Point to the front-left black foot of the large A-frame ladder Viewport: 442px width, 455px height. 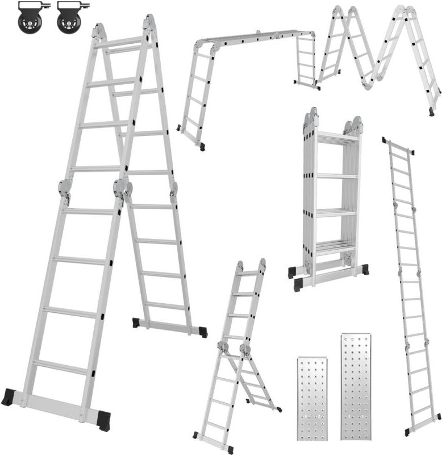9,396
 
